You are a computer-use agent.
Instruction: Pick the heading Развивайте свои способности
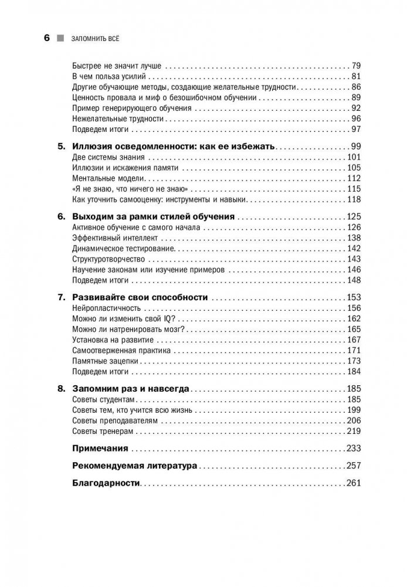point(140,297)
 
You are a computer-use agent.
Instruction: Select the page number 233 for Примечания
point(352,448)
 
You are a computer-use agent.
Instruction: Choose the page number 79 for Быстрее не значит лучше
point(355,65)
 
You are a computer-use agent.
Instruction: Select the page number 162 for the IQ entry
point(353,319)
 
